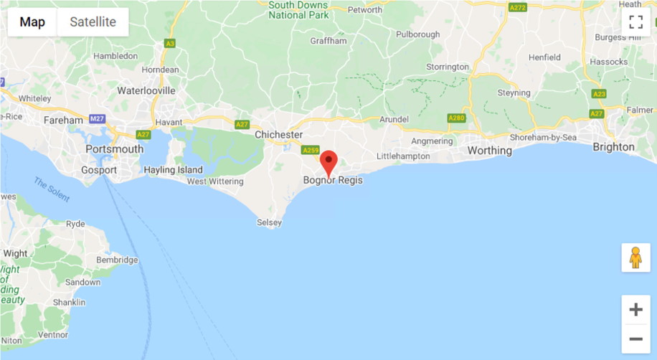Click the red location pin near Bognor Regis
(x=328, y=161)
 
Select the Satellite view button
(x=93, y=22)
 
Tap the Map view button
(x=32, y=22)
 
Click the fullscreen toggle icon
(x=635, y=22)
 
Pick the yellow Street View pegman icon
(x=635, y=257)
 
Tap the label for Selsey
(x=269, y=223)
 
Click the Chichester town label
(x=279, y=135)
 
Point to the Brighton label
(x=613, y=147)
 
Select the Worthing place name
(x=490, y=151)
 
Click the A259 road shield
(x=311, y=150)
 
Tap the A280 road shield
(x=456, y=118)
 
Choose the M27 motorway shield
(x=98, y=118)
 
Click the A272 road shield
(x=517, y=7)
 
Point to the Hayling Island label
(x=174, y=170)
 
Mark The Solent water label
(x=52, y=189)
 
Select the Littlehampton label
(x=403, y=156)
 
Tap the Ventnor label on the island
(x=53, y=334)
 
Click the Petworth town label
(x=365, y=10)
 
